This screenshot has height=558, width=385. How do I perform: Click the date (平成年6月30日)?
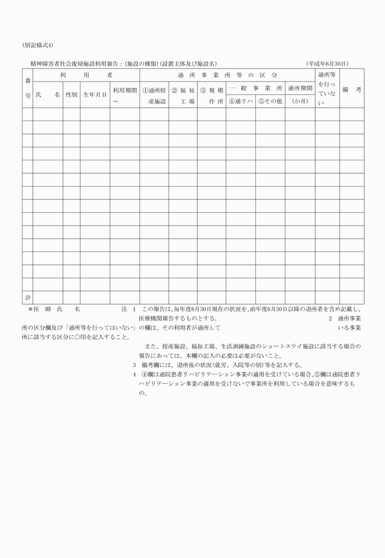point(327,63)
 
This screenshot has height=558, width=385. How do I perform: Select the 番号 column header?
point(28,89)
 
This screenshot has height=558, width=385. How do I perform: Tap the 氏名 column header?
point(48,95)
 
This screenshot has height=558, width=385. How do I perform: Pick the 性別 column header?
point(71,95)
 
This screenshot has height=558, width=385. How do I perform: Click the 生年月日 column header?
point(95,95)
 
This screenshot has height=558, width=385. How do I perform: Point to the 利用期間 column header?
point(125,95)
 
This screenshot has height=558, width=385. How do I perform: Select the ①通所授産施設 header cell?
point(154,95)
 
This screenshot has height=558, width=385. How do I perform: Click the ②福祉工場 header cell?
point(183,95)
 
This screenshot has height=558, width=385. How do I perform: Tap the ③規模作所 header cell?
point(211,95)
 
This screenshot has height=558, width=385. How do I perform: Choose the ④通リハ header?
point(241,102)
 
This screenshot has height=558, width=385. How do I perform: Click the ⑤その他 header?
point(269,102)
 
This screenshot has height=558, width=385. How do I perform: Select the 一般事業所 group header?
point(255,89)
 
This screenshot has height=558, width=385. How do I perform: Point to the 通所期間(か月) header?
point(300,95)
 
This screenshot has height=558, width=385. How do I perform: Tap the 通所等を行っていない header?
point(327,89)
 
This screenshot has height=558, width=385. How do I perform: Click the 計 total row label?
point(28,297)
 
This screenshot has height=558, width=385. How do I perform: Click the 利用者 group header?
point(86,75)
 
